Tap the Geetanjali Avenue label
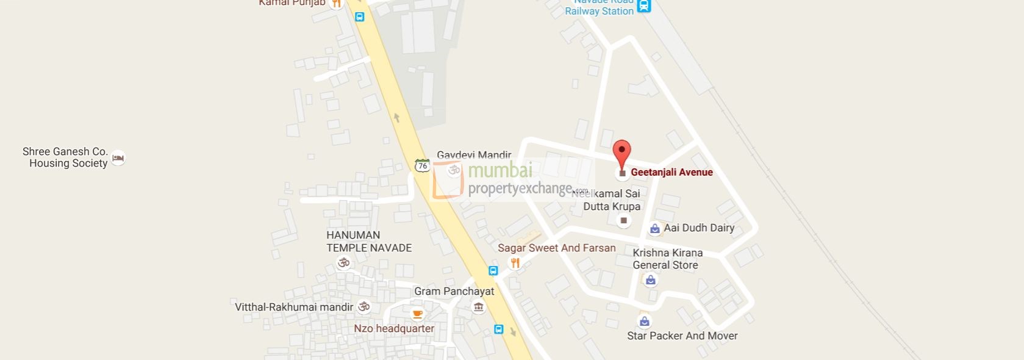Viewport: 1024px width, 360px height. click(x=671, y=172)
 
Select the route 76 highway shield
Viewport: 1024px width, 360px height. click(x=422, y=165)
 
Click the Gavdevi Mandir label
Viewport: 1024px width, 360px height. click(x=474, y=155)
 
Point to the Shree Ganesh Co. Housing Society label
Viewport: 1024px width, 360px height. click(x=65, y=157)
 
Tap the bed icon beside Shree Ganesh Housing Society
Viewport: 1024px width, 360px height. click(x=118, y=158)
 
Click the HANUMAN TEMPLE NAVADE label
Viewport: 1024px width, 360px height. click(x=369, y=242)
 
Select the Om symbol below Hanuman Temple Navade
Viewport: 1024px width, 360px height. click(x=344, y=263)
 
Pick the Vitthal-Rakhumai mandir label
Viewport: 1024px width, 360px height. click(x=294, y=307)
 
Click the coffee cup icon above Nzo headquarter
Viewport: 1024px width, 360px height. click(x=417, y=315)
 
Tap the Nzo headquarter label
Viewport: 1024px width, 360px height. click(x=394, y=328)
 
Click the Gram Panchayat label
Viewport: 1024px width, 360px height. click(x=454, y=291)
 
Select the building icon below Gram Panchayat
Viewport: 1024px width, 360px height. click(x=479, y=307)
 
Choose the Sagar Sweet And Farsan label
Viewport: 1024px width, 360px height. click(x=556, y=248)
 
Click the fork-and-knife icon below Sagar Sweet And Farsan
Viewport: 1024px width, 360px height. click(x=515, y=263)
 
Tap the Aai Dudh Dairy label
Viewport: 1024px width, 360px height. click(x=699, y=228)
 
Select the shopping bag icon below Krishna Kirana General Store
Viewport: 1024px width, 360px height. click(x=651, y=280)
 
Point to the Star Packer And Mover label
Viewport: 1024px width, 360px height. click(x=682, y=336)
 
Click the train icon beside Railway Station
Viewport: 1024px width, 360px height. click(x=644, y=7)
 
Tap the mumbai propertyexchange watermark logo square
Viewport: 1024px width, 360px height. click(x=448, y=180)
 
